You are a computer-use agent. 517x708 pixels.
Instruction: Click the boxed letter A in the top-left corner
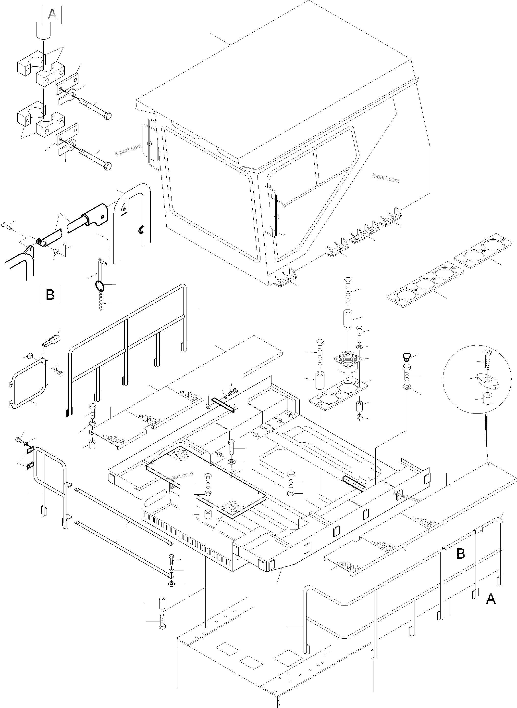pos(52,15)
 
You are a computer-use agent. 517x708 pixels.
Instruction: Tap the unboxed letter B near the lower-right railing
pos(461,554)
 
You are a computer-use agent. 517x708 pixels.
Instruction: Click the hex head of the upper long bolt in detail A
pos(107,116)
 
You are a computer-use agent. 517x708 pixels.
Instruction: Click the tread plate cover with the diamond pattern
pos(206,482)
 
